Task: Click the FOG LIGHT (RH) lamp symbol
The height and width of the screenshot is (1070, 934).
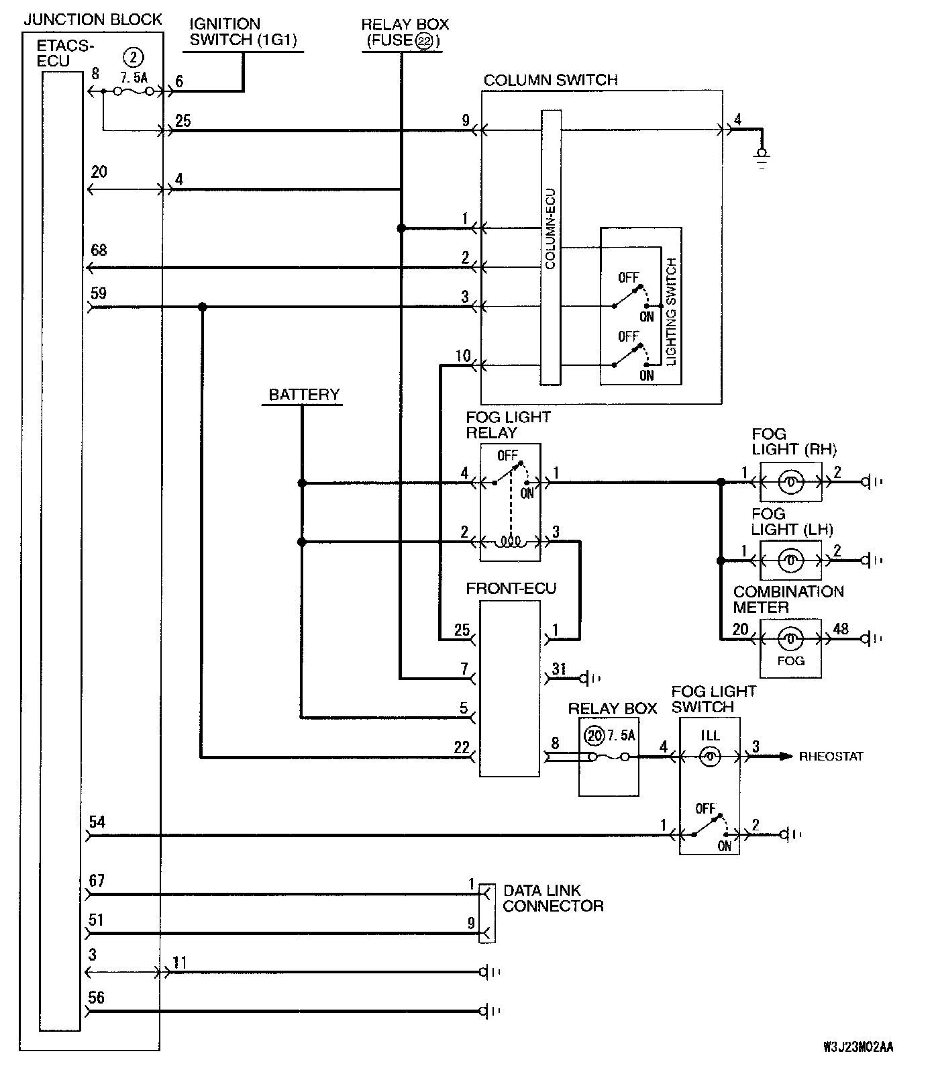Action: click(790, 482)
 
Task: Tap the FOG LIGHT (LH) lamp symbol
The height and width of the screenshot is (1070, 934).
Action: click(790, 561)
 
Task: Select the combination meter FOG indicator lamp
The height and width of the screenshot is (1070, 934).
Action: click(790, 638)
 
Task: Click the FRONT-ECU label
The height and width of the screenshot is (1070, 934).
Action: click(511, 589)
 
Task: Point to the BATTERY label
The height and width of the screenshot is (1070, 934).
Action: click(304, 395)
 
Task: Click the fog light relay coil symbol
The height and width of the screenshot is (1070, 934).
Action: click(510, 540)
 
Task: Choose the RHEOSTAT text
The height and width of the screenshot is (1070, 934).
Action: click(831, 757)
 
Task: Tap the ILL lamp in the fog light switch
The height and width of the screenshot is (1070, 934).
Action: click(710, 757)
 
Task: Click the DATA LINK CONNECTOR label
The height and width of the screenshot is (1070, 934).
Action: click(553, 898)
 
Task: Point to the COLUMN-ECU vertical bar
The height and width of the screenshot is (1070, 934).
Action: click(550, 248)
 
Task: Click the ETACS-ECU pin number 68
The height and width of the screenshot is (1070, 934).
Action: click(99, 250)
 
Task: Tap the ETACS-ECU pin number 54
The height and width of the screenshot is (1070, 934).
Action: click(97, 822)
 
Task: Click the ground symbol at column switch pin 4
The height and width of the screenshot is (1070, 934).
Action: click(761, 158)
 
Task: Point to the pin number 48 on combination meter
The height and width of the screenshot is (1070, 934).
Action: click(840, 629)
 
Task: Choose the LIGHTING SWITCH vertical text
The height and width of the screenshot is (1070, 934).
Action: click(672, 311)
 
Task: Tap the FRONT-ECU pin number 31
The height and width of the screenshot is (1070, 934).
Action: click(559, 669)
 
